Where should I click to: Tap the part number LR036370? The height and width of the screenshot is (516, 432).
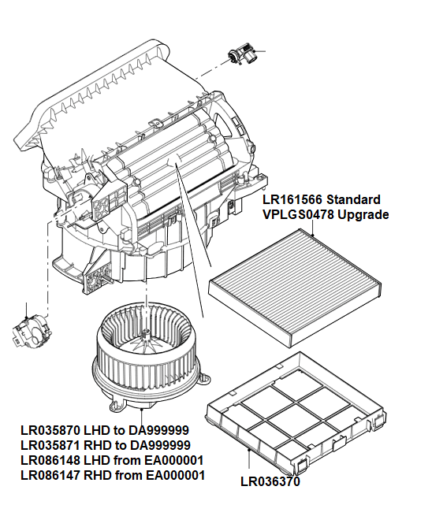pos(270,481)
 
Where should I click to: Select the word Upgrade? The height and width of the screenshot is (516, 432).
pos(363,214)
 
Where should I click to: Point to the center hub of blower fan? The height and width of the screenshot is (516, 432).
pos(146,335)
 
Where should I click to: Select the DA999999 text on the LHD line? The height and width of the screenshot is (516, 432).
pos(173,431)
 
